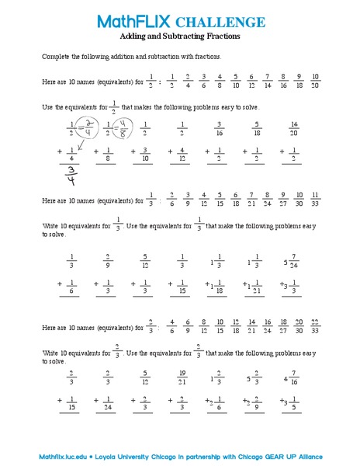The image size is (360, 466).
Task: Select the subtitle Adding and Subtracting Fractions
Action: pyautogui.click(x=180, y=37)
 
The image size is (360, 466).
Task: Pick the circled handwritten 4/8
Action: pyautogui.click(x=119, y=127)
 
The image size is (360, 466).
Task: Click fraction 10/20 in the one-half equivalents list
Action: pyautogui.click(x=316, y=81)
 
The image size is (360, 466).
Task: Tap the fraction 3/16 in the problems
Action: pyautogui.click(x=220, y=128)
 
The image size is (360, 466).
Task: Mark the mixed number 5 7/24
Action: pyautogui.click(x=291, y=261)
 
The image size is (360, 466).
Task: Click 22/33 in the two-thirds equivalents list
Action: pyautogui.click(x=316, y=325)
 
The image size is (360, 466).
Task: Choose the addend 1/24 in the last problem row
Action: pyautogui.click(x=107, y=405)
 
